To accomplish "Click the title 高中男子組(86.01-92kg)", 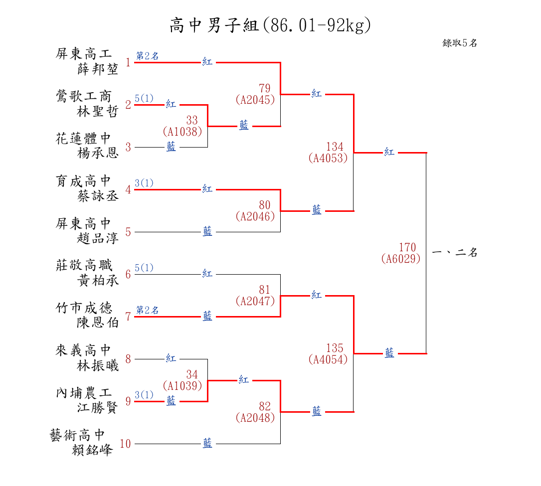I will pyautogui.click(x=270, y=25).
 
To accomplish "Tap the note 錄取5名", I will pyautogui.click(x=460, y=43).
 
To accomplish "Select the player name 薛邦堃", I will pyautogui.click(x=98, y=69).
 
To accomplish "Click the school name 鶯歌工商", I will pyautogui.click(x=84, y=96).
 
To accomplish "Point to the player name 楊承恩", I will pyautogui.click(x=98, y=154).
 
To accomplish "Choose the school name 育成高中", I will pyautogui.click(x=84, y=180).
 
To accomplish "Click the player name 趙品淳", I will pyautogui.click(x=98, y=238).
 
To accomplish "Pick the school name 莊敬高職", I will pyautogui.click(x=84, y=265).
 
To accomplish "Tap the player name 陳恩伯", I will pyautogui.click(x=98, y=323).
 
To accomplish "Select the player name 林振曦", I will pyautogui.click(x=98, y=366).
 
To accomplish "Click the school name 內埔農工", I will pyautogui.click(x=84, y=393).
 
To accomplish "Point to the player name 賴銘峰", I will pyautogui.click(x=93, y=450).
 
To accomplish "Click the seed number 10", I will pyautogui.click(x=125, y=444).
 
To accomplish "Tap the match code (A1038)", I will pyautogui.click(x=182, y=132).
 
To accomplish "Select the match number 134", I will pyautogui.click(x=335, y=147).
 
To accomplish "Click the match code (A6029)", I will pyautogui.click(x=401, y=259).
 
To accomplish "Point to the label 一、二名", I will pyautogui.click(x=455, y=253).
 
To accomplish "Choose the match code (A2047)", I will pyautogui.click(x=255, y=301).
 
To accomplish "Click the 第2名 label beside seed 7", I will pyautogui.click(x=148, y=311).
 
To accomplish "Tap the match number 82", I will pyautogui.click(x=265, y=407).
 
